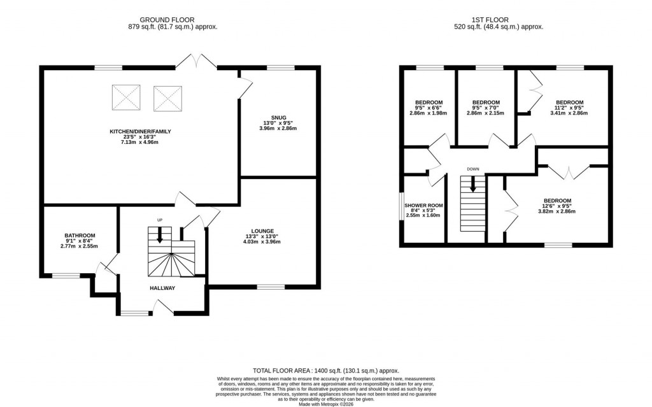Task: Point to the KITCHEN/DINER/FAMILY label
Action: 139,131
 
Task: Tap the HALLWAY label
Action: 162,288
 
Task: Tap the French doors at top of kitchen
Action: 197,62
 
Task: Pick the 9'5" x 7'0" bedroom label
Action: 485,103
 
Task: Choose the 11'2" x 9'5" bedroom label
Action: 569,103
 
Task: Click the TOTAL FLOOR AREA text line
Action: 325,370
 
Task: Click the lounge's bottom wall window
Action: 267,287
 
